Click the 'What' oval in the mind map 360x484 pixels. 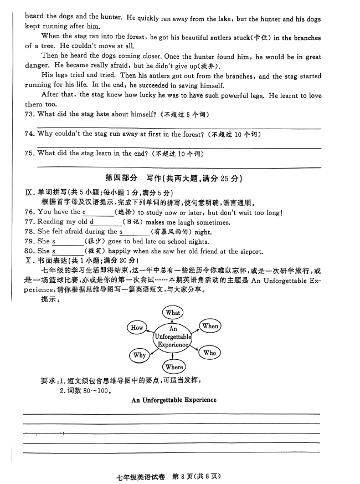173,312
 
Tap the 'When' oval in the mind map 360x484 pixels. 210,326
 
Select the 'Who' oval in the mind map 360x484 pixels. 209,353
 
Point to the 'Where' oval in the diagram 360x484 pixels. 174,366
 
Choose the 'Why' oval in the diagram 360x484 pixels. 139,355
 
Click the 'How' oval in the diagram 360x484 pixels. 137,327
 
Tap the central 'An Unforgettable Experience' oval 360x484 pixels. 173,337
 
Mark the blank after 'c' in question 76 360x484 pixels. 99,213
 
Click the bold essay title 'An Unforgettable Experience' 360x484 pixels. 174,400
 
